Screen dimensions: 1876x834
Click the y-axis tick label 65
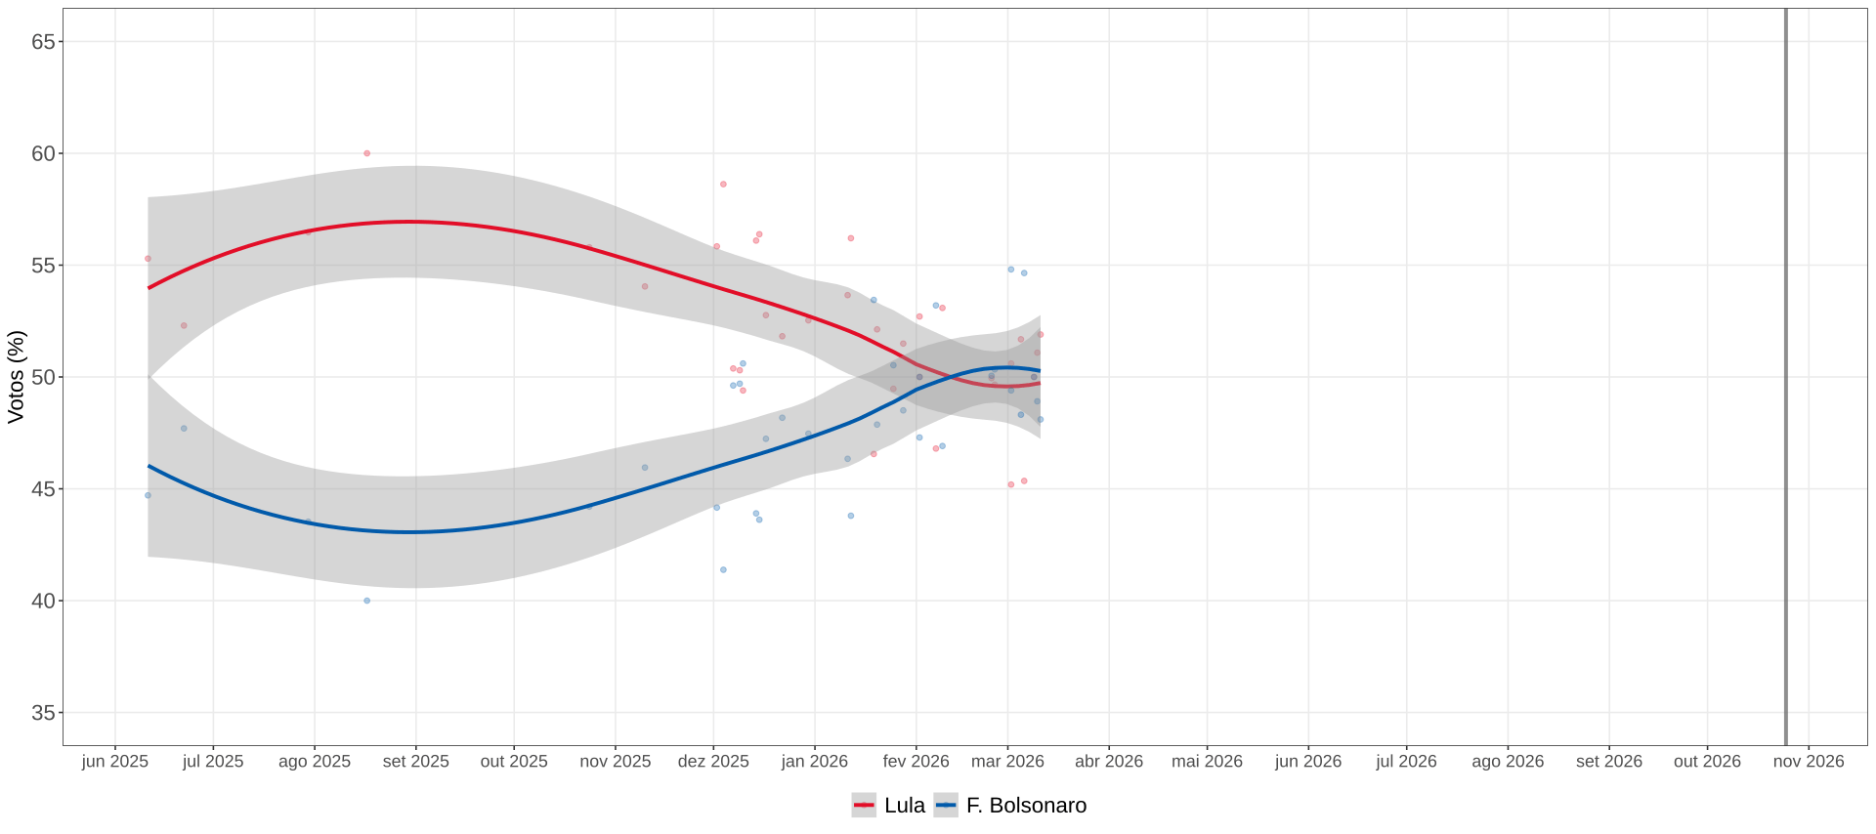pyautogui.click(x=43, y=42)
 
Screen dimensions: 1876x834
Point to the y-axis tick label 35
pyautogui.click(x=43, y=713)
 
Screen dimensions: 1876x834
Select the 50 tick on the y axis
pyautogui.click(x=43, y=377)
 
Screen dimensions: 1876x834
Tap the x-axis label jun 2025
pyautogui.click(x=115, y=762)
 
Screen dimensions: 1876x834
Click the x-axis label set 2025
pyautogui.click(x=416, y=762)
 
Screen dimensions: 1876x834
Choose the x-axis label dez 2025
pyautogui.click(x=713, y=762)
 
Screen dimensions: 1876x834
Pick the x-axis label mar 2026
pyautogui.click(x=1007, y=762)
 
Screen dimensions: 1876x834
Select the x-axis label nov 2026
pyautogui.click(x=1809, y=762)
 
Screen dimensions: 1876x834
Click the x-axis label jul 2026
pyautogui.click(x=1406, y=762)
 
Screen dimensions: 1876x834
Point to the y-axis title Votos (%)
pyautogui.click(x=16, y=377)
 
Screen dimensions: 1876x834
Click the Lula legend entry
pyautogui.click(x=888, y=806)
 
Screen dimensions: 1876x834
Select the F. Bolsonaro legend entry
pyautogui.click(x=1010, y=806)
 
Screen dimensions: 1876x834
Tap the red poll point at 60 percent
pyautogui.click(x=367, y=153)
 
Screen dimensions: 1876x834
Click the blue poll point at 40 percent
pyautogui.click(x=367, y=601)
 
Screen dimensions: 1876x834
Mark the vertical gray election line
pyautogui.click(x=1786, y=377)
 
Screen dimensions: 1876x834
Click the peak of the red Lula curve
pyautogui.click(x=412, y=222)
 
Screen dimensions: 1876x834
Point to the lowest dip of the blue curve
pyautogui.click(x=412, y=532)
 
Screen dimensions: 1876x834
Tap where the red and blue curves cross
pyautogui.click(x=951, y=377)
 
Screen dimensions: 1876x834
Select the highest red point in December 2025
pyautogui.click(x=723, y=184)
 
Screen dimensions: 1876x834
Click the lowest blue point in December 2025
pyautogui.click(x=723, y=569)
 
